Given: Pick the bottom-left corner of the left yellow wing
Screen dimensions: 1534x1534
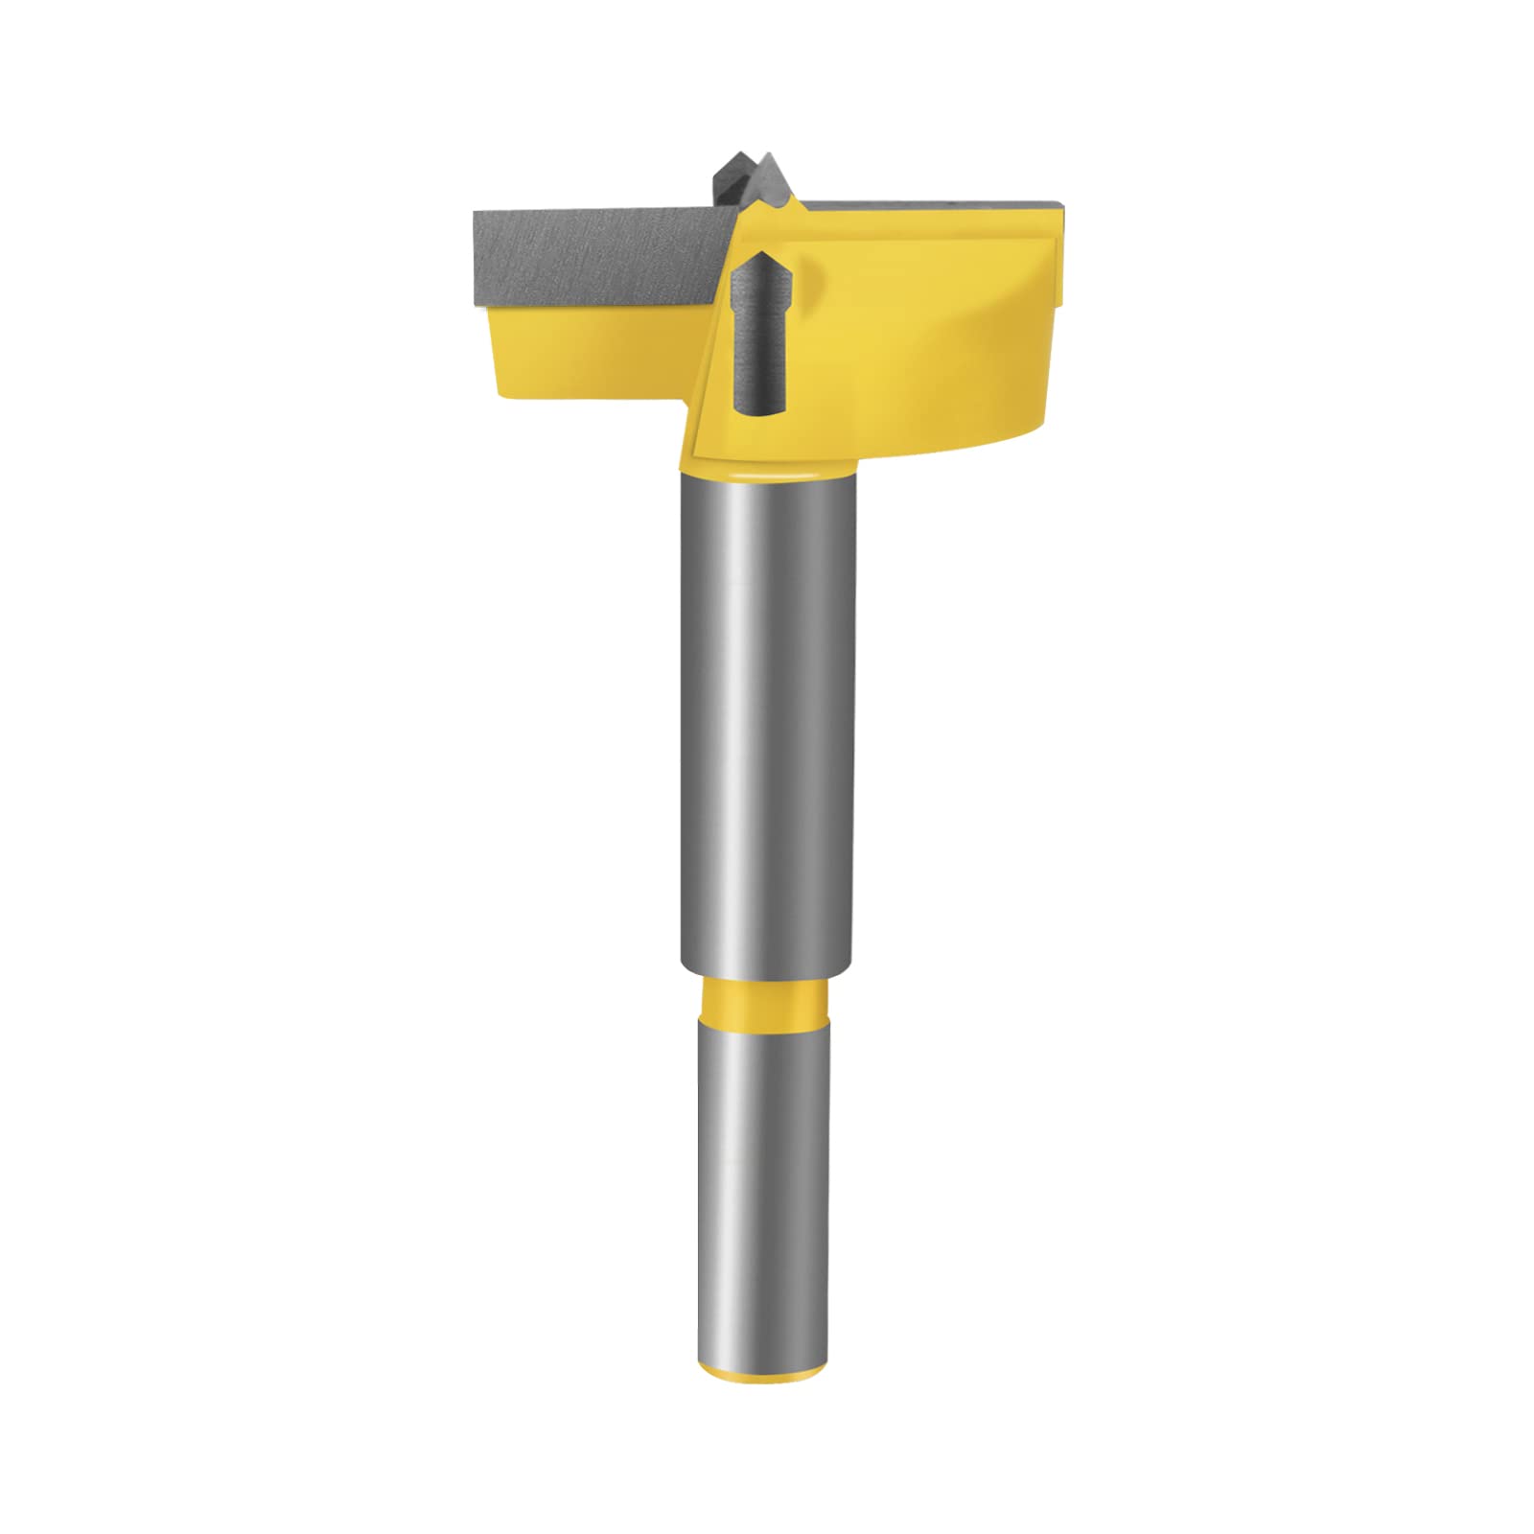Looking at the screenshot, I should (x=499, y=393).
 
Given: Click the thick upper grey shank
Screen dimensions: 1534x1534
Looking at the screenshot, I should (x=767, y=719).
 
